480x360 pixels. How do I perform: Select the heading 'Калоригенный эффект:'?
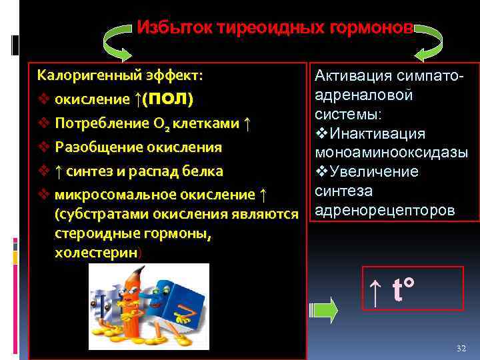coord(120,75)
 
